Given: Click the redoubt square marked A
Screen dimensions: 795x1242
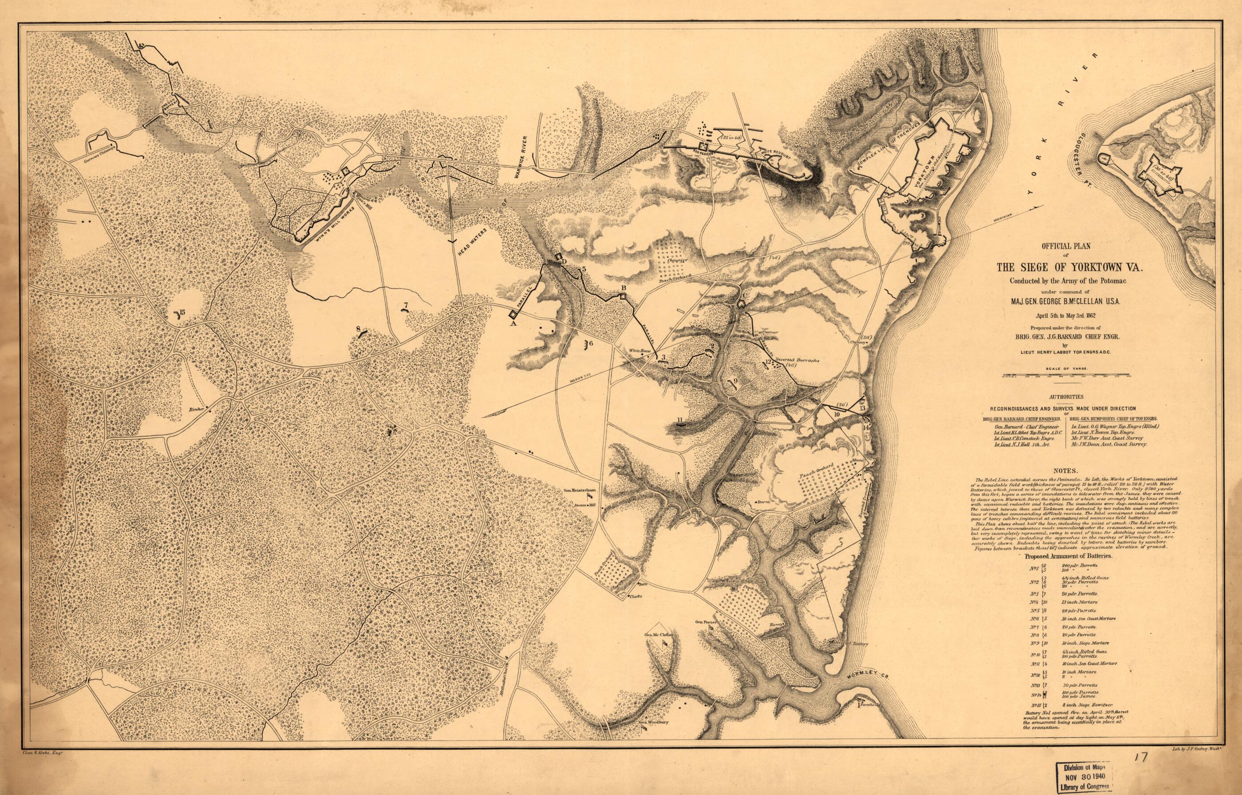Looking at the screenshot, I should click(x=513, y=314).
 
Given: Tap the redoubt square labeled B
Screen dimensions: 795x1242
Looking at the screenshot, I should click(x=623, y=296).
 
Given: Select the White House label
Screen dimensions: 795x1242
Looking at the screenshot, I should click(x=638, y=351).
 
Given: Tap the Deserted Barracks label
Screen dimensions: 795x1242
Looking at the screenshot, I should click(x=790, y=361).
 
